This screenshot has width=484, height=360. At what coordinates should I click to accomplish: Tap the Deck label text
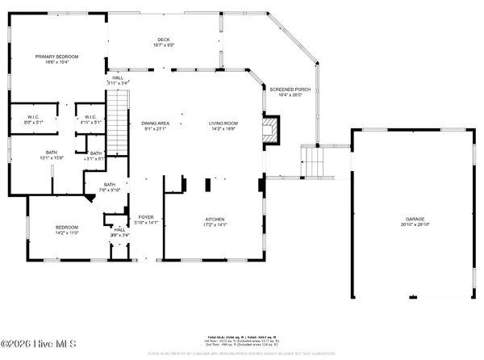(164, 40)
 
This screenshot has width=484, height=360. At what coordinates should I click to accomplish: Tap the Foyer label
(146, 217)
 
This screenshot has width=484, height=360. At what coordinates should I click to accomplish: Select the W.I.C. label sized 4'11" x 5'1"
(90, 118)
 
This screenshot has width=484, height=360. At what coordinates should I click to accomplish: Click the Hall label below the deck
(118, 77)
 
